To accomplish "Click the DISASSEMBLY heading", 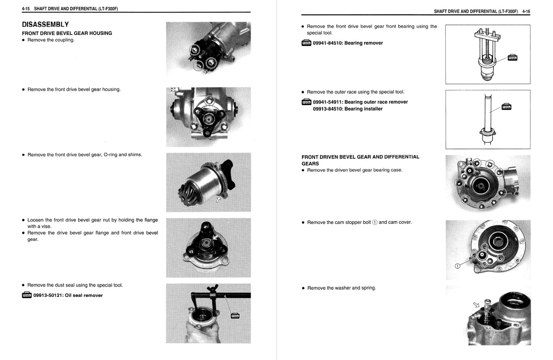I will (45, 25).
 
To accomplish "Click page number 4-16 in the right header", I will (526, 11).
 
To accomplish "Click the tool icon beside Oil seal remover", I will (27, 296).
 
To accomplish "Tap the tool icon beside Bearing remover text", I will (306, 43).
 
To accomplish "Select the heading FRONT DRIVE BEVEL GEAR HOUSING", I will (67, 33).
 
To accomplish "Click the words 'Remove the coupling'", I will (51, 40).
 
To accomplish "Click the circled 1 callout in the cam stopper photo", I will (458, 265).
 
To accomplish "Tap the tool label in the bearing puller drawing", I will (512, 58).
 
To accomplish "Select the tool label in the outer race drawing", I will (506, 107).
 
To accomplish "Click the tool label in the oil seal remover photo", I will (235, 316).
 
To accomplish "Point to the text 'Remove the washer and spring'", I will (341, 288).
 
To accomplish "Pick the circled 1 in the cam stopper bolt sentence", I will (375, 223).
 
